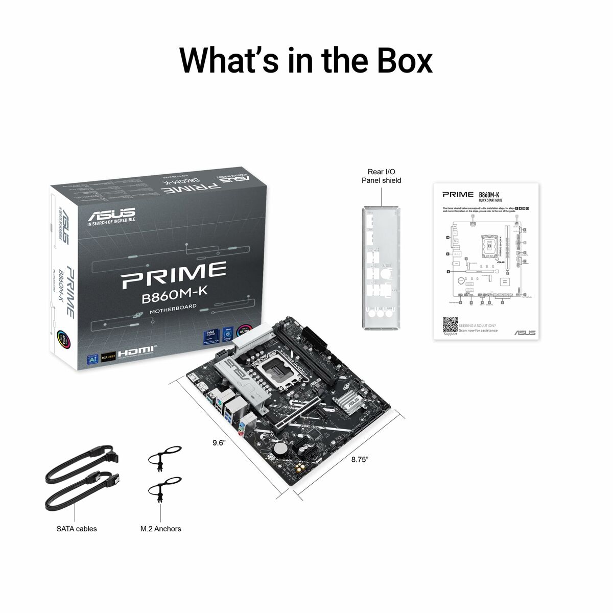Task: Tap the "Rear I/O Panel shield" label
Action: pyautogui.click(x=381, y=176)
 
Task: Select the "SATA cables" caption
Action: pyautogui.click(x=76, y=529)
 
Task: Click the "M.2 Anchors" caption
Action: pyautogui.click(x=161, y=529)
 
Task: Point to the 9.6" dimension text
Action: pyautogui.click(x=219, y=443)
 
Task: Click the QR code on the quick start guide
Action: pyautogui.click(x=450, y=325)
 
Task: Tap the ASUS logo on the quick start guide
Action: pyautogui.click(x=525, y=333)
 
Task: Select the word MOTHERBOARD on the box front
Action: pyautogui.click(x=173, y=309)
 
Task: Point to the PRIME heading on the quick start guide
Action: pyautogui.click(x=457, y=195)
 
